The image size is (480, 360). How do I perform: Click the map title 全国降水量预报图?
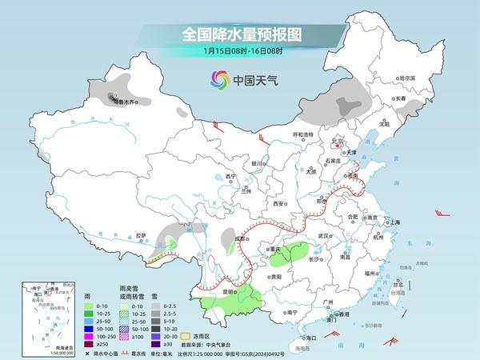click(239, 35)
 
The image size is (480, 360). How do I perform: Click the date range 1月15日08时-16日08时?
click(239, 52)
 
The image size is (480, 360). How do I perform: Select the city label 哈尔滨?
click(407, 78)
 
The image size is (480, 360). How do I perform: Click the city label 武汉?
click(323, 236)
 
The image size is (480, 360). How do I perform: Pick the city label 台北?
click(394, 283)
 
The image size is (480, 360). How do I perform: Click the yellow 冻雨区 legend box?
click(186, 338)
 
